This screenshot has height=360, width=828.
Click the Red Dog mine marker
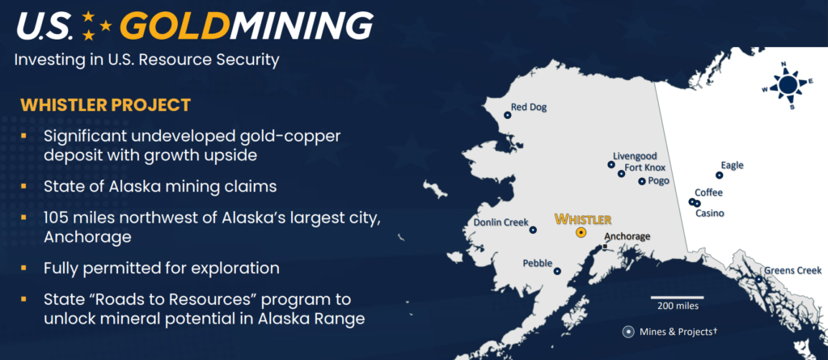[x=508, y=115]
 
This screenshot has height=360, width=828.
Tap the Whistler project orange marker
[x=581, y=233]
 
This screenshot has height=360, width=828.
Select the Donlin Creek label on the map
[x=501, y=222]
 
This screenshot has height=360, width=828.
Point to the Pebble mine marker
[x=557, y=271]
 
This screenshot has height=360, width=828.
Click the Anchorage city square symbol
[x=605, y=247]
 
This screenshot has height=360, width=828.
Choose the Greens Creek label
[x=794, y=271]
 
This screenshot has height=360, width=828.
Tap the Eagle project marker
[x=719, y=175]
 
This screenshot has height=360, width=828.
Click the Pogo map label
[x=659, y=180]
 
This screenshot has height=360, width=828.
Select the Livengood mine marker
[x=611, y=164]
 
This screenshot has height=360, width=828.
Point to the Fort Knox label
[x=644, y=168]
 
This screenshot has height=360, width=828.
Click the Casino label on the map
[x=709, y=214]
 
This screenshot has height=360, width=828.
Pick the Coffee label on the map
[x=708, y=193]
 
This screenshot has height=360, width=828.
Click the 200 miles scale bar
[x=677, y=298]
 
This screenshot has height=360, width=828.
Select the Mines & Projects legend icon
[x=627, y=332]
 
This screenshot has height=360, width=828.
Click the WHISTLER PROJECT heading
[x=106, y=104]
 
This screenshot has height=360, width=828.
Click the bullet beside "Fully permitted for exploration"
[x=23, y=268]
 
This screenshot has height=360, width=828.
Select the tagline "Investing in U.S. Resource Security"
[x=147, y=59]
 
